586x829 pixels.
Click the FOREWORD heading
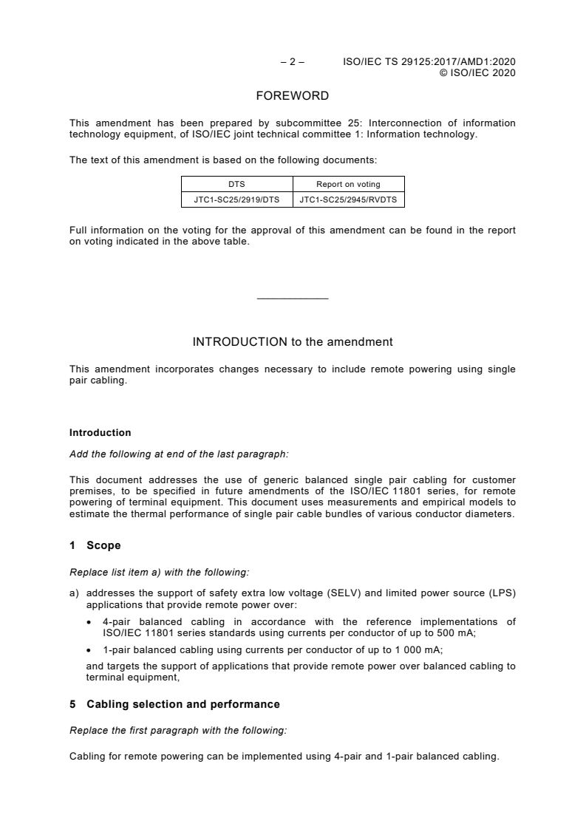[x=293, y=96]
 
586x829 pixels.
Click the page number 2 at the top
[x=293, y=63]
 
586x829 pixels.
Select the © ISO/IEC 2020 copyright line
[x=477, y=73]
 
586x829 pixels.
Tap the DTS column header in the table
[x=237, y=184]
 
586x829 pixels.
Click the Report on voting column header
[x=349, y=184]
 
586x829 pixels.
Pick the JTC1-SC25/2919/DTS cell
[x=237, y=199]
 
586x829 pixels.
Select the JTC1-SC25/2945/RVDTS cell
[x=349, y=199]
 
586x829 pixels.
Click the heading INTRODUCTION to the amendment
[x=293, y=342]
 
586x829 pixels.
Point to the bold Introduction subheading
[x=100, y=433]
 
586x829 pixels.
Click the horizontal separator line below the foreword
[x=293, y=298]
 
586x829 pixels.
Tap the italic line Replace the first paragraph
[x=177, y=730]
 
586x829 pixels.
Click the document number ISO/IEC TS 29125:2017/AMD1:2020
[x=429, y=63]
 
